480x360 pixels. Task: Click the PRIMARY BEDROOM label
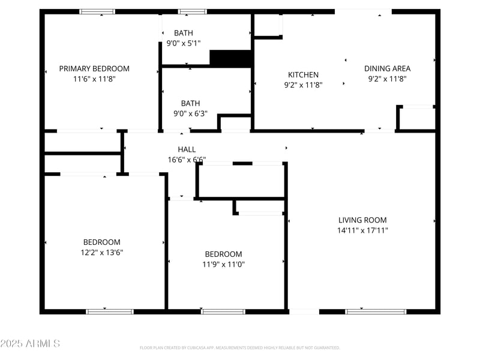94,69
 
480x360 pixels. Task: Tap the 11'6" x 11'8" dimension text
94,79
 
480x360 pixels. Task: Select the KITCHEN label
304,75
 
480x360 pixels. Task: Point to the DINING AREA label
388,68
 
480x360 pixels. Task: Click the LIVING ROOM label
362,220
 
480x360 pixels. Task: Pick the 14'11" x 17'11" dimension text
362,230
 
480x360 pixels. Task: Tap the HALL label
187,149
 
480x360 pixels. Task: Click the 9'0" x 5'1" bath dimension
184,43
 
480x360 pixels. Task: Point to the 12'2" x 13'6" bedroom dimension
102,253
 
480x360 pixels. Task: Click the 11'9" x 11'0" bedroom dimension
223,265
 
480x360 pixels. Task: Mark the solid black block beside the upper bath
230,58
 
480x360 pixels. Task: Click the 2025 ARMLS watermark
30,344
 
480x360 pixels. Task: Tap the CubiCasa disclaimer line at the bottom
240,347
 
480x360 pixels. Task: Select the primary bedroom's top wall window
98,11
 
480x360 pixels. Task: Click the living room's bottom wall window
376,311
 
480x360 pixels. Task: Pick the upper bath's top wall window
192,11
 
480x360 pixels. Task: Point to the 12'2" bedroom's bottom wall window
110,311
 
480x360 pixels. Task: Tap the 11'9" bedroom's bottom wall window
223,311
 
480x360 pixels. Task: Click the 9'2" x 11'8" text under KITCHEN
304,85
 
